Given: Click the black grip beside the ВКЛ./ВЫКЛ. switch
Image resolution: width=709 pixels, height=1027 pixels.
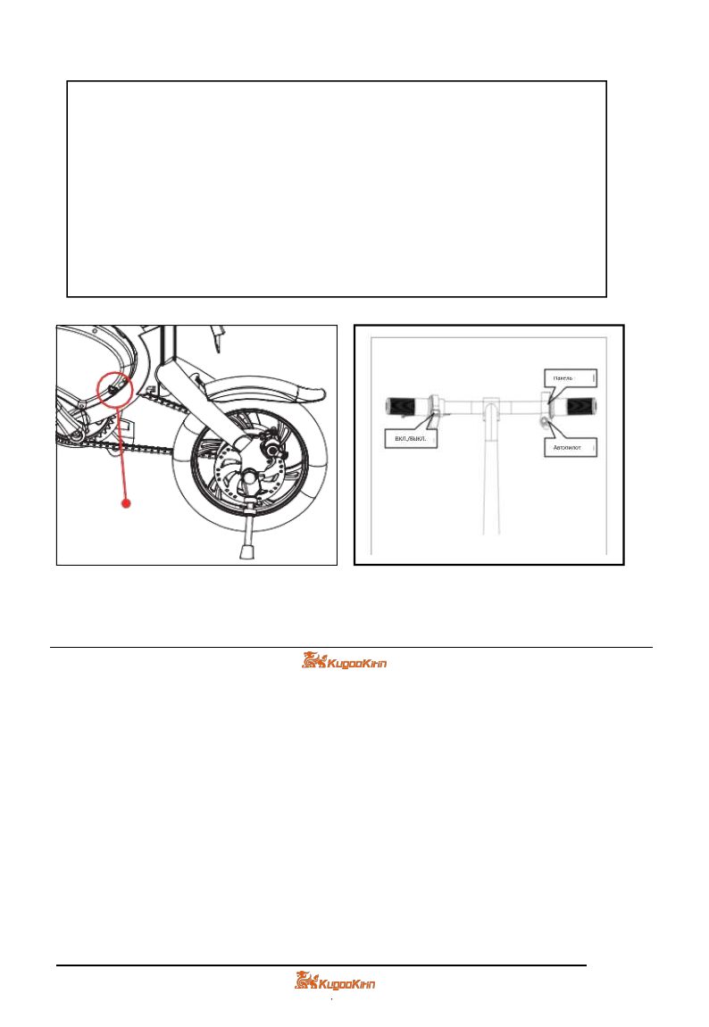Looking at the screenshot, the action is pos(405,407).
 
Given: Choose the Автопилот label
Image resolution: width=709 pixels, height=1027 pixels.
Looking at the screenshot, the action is pos(569,445).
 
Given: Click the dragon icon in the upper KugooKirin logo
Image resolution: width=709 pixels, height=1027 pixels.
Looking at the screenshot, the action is pos(312,661).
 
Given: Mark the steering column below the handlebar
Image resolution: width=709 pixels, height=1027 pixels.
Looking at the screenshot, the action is pos(488,482).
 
